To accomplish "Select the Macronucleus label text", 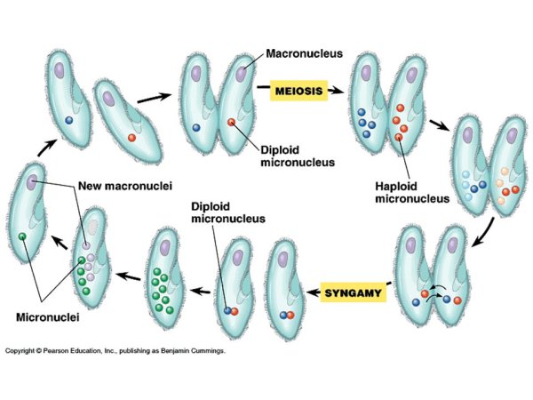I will pyautogui.click(x=306, y=53).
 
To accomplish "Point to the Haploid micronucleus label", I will pyautogui.click(x=409, y=193).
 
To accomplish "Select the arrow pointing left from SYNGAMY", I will pyautogui.click(x=311, y=292).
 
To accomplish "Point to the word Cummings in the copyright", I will pyautogui.click(x=206, y=351).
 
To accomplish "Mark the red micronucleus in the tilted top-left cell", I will pyautogui.click(x=132, y=138).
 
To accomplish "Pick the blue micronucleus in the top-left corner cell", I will pyautogui.click(x=68, y=119).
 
